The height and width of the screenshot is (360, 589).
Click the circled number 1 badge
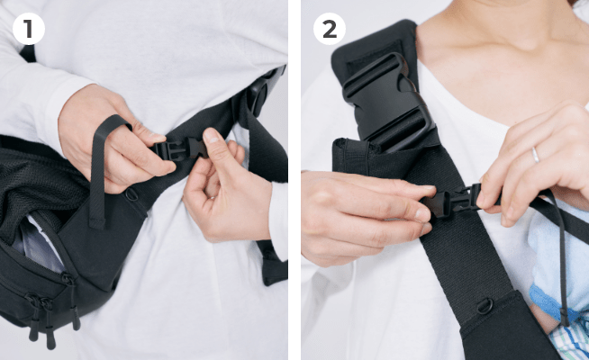(29, 29)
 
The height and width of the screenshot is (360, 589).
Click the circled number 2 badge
(330, 29)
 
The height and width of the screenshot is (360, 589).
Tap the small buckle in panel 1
(180, 148)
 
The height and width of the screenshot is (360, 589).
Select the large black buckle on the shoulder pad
(387, 102)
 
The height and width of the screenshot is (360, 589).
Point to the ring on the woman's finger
(535, 155)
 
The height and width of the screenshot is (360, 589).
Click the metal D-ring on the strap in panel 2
(485, 306)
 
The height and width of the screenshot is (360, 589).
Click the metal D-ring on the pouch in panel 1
(131, 194)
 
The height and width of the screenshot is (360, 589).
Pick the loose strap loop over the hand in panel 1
(104, 169)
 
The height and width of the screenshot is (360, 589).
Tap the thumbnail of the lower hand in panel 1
(211, 136)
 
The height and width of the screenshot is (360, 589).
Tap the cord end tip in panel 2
(564, 318)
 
